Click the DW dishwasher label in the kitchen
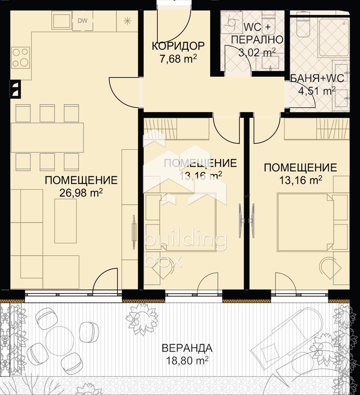pyautogui.click(x=82, y=21)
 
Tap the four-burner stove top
pyautogui.click(x=21, y=57)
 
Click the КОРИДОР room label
pyautogui.click(x=178, y=46)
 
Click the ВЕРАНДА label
pyautogui.click(x=187, y=348)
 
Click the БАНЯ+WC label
pyautogui.click(x=317, y=78)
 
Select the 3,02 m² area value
pyautogui.click(x=257, y=53)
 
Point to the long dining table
pyautogui.click(x=47, y=137)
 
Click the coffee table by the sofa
pyautogui.click(x=65, y=221)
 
